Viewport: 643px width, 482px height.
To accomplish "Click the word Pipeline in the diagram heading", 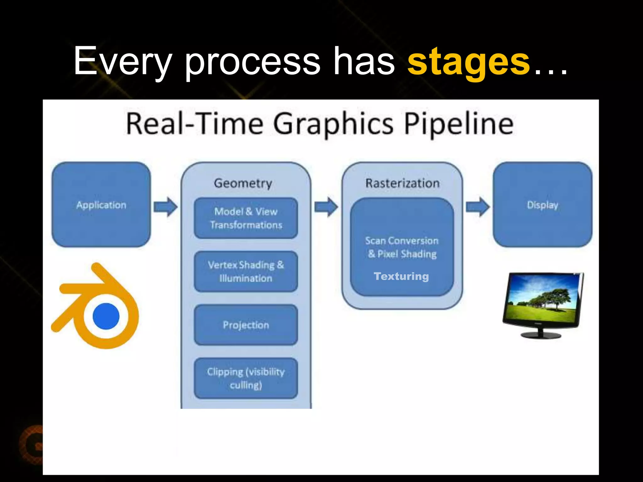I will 458,124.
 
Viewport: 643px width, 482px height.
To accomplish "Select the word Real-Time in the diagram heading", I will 195,124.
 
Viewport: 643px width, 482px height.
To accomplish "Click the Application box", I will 101,205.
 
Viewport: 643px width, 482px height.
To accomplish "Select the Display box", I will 542,205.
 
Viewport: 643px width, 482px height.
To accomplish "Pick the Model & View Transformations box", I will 246,218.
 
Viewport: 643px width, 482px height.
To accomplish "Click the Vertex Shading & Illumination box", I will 246,271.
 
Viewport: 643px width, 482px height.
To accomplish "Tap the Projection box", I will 246,325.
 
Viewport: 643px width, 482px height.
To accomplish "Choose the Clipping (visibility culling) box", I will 246,378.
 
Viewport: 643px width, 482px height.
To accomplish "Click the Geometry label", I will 243,183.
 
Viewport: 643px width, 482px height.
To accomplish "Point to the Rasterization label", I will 402,183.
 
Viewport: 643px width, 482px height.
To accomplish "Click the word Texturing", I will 401,276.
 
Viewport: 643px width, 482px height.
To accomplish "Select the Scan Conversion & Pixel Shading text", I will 402,247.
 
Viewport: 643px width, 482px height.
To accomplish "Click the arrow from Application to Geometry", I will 165,207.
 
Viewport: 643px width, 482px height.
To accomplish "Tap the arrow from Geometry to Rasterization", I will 326,207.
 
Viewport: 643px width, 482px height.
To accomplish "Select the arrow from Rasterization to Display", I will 477,207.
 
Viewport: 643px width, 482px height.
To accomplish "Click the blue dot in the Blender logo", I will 106,316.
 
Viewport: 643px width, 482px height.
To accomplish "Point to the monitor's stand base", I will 541,335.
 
